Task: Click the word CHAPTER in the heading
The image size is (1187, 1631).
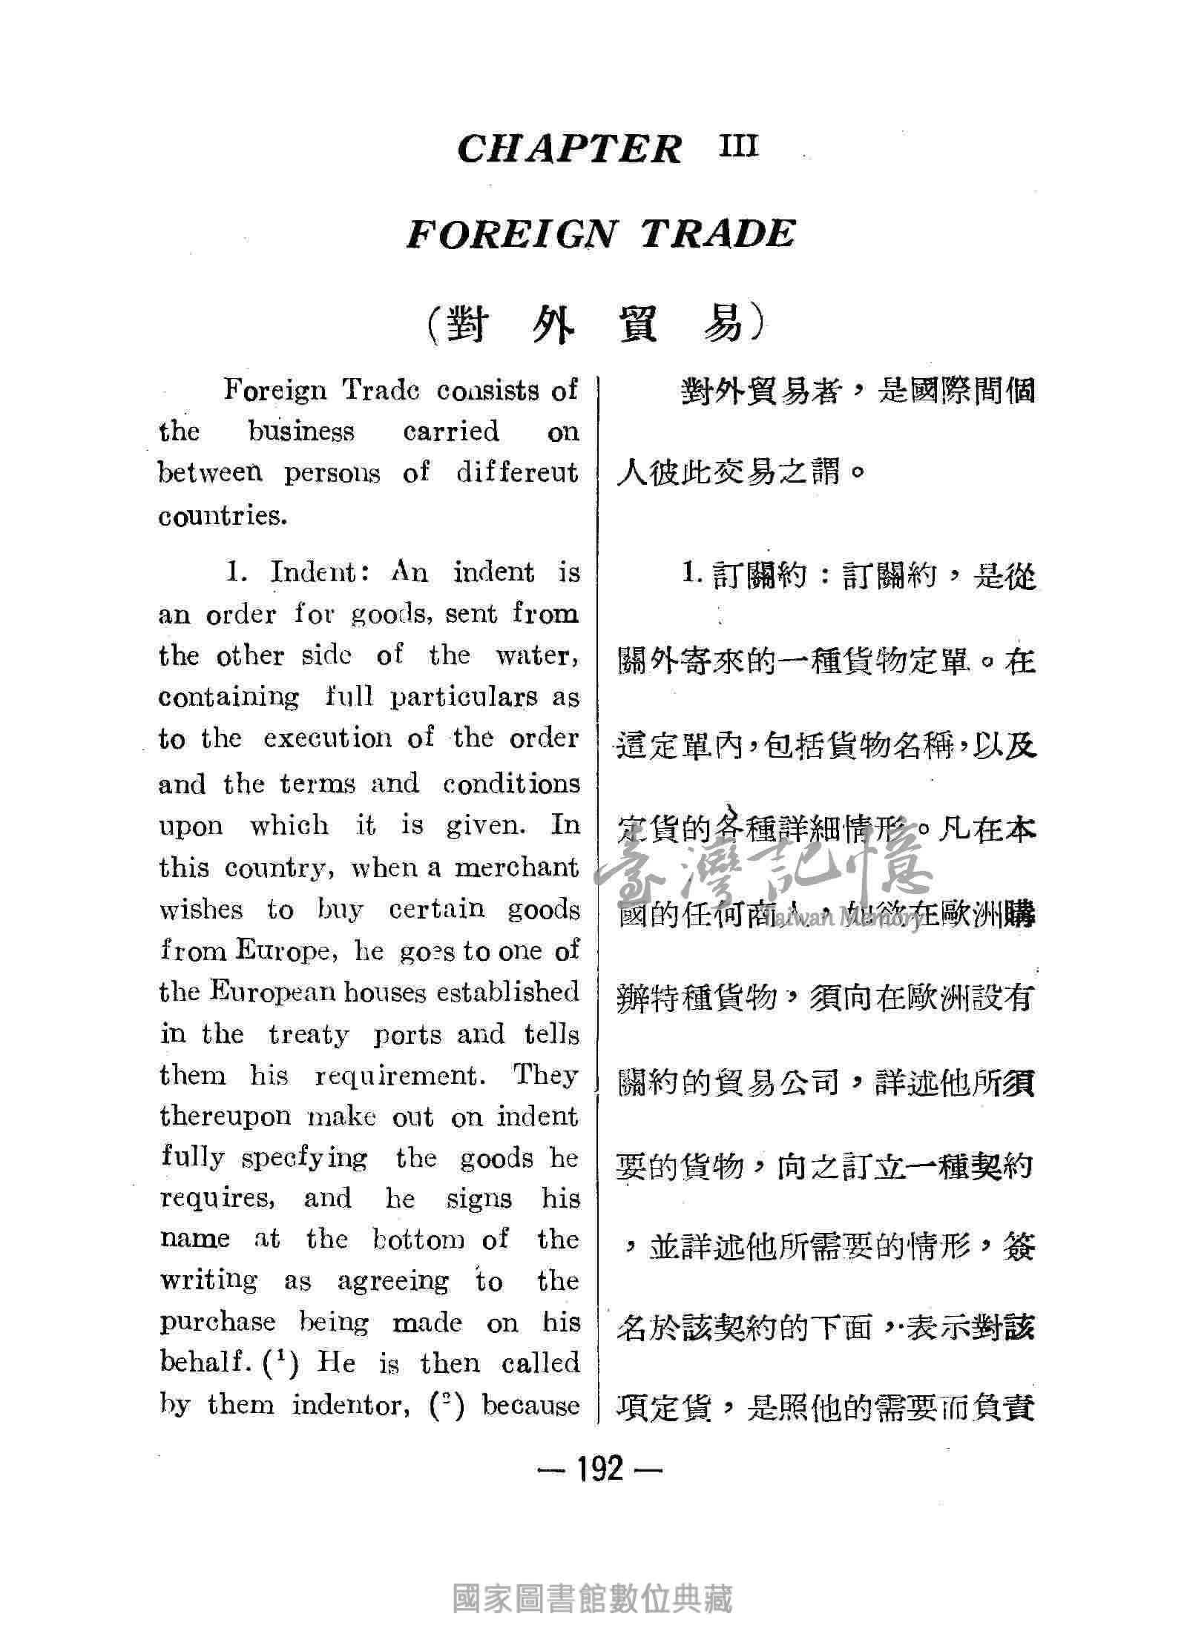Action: coord(569,149)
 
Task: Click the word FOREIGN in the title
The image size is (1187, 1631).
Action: coord(511,234)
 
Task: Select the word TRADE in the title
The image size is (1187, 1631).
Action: coord(718,234)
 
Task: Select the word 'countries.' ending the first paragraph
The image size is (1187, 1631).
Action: coord(223,517)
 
